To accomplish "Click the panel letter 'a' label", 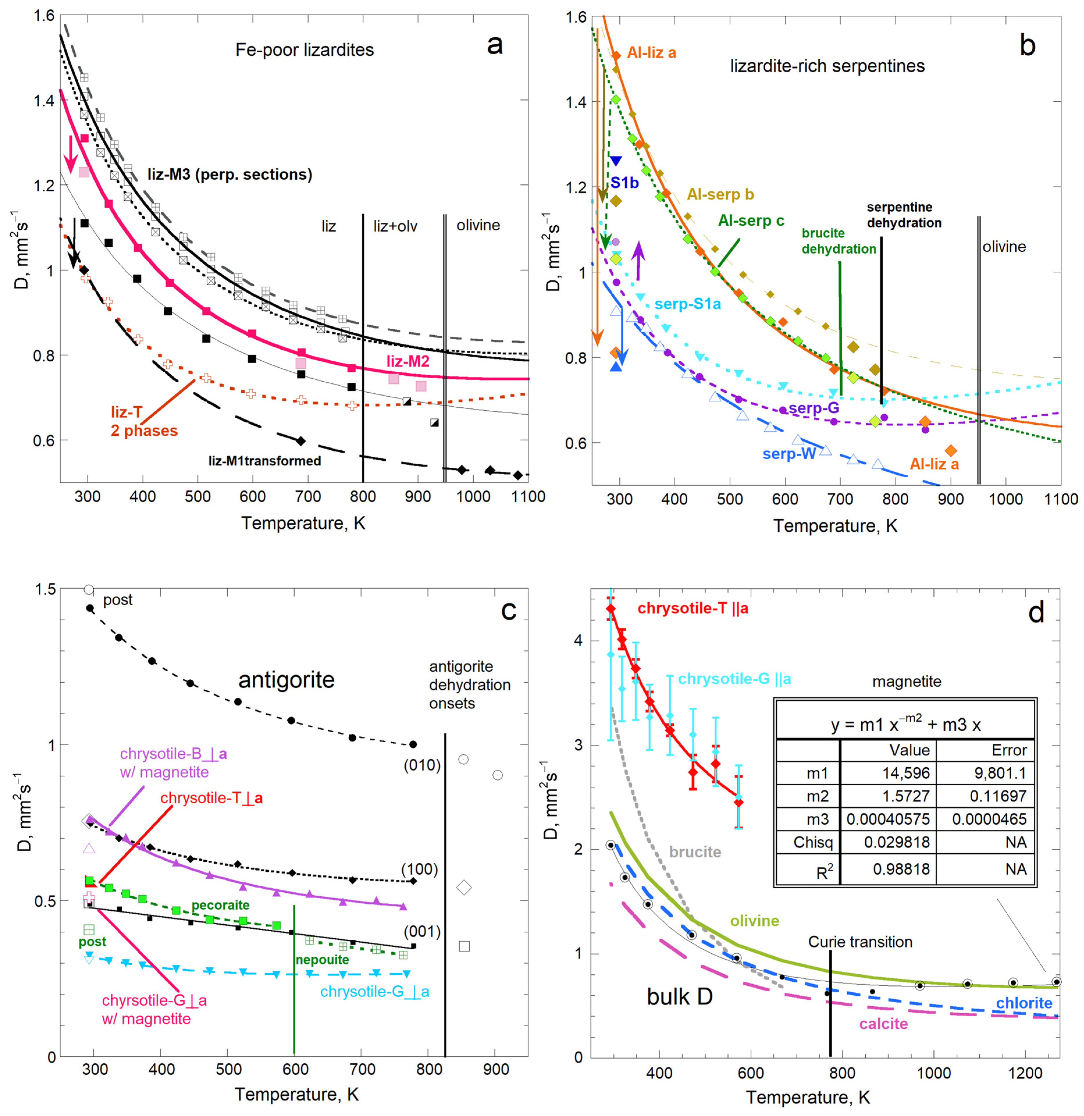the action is [495, 45].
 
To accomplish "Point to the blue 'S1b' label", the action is [625, 183].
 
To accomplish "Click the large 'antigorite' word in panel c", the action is [286, 679].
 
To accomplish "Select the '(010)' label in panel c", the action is [422, 765].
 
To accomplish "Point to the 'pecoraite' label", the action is [220, 905].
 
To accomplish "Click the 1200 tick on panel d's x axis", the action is [1025, 1073].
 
